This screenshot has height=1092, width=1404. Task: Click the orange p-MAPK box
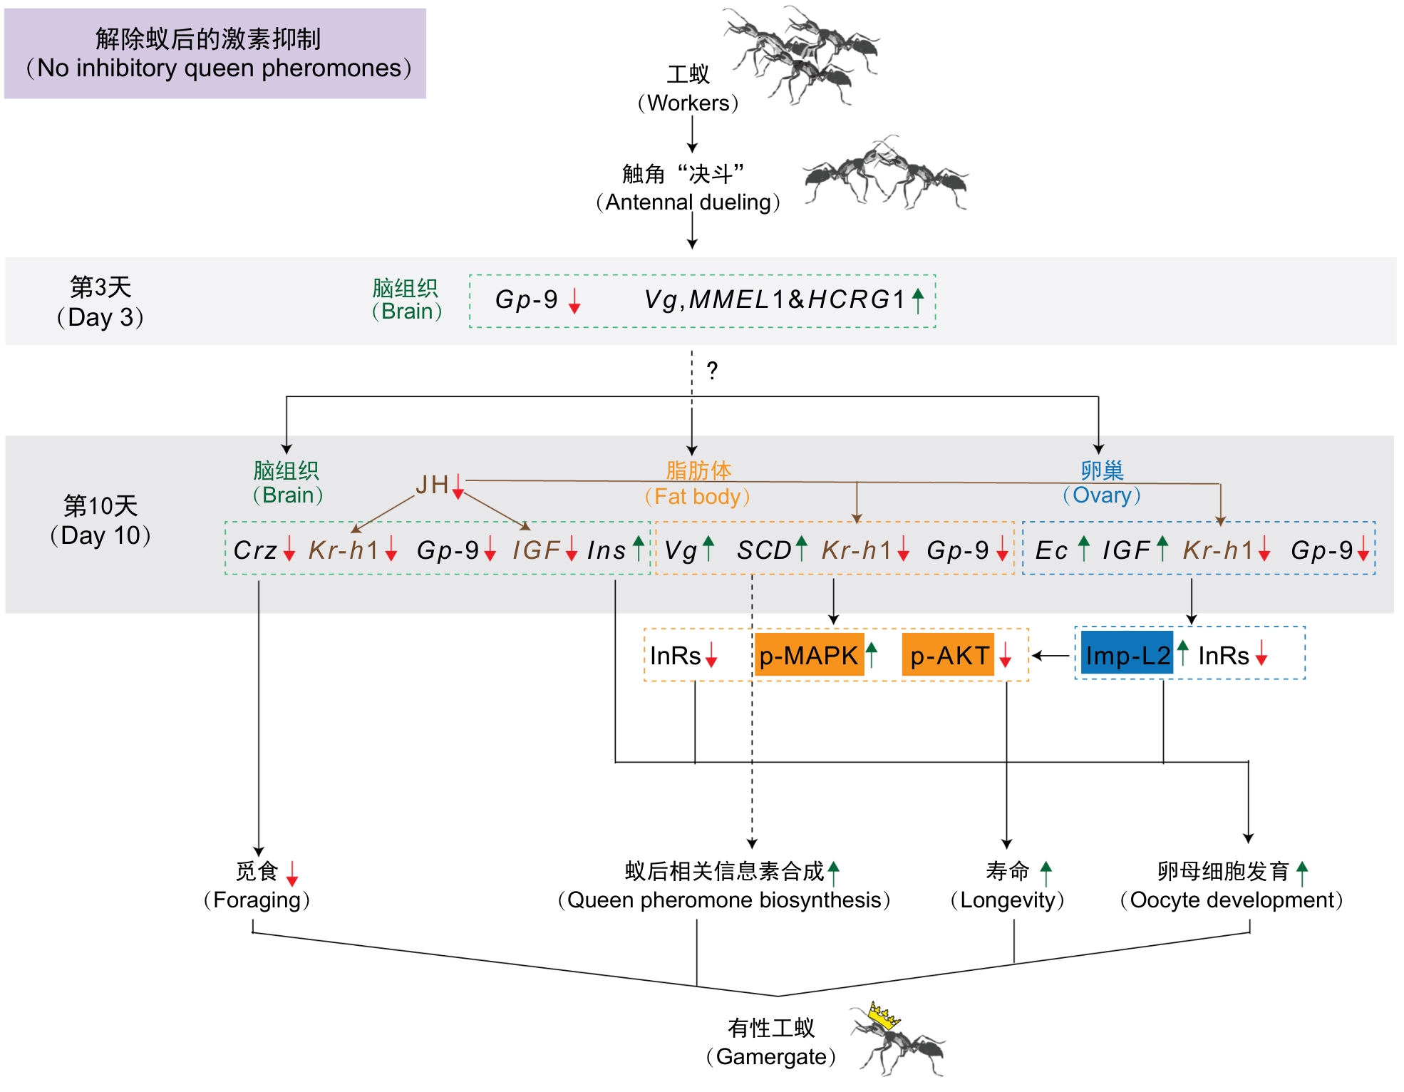[809, 655]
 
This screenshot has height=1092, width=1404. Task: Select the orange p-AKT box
[949, 655]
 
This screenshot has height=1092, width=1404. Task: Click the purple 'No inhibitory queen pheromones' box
[215, 53]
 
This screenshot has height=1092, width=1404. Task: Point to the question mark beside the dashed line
[712, 371]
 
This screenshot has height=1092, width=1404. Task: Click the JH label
[432, 485]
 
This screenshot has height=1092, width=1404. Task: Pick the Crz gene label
[255, 550]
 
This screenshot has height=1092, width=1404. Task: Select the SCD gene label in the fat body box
[764, 550]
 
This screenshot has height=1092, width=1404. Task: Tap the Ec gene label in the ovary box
[1051, 550]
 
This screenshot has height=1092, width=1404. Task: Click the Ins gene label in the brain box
[606, 550]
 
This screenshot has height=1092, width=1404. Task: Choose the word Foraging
[257, 900]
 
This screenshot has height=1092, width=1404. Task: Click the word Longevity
[1008, 900]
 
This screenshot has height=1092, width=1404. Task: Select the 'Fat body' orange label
[698, 496]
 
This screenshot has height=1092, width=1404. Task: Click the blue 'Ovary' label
[1102, 495]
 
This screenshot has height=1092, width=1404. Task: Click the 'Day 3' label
[100, 317]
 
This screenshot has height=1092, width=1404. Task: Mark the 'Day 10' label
[100, 535]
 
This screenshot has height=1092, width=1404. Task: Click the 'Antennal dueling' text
[688, 202]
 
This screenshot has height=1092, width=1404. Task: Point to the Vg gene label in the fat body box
[681, 550]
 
